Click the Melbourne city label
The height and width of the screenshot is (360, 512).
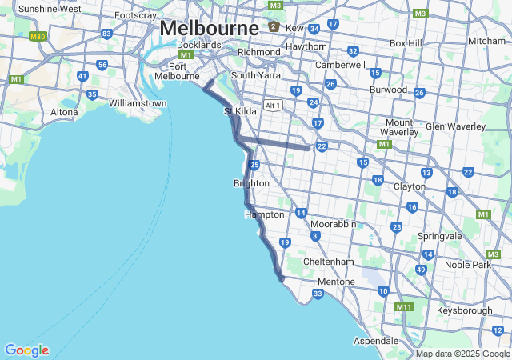click(209, 27)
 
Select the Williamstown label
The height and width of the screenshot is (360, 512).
click(138, 103)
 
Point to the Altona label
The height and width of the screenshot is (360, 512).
click(64, 112)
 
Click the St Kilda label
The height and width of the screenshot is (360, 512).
click(240, 111)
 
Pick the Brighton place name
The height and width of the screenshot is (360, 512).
click(251, 183)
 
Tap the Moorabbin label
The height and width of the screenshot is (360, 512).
click(333, 224)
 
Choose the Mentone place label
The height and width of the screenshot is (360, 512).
click(336, 282)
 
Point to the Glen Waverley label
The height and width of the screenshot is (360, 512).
click(456, 126)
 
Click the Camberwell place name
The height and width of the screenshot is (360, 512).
click(340, 64)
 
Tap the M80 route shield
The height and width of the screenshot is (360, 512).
click(38, 37)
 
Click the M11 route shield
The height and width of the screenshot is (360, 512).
click(403, 306)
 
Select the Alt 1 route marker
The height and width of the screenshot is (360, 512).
click(274, 105)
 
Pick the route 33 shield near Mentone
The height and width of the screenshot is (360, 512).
click(318, 294)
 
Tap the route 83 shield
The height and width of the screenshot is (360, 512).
click(106, 34)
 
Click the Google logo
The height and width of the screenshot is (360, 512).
click(26, 350)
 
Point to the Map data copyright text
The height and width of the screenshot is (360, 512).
click(462, 354)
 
